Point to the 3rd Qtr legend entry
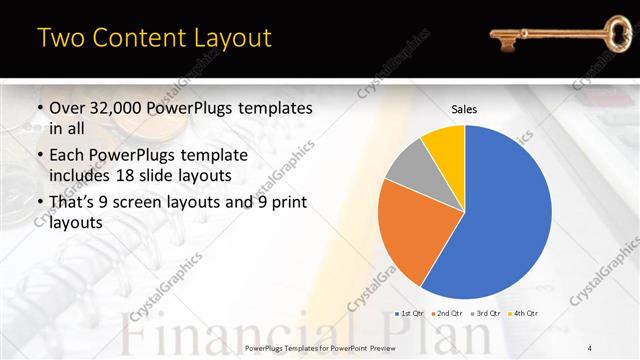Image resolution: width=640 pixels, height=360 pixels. coord(487,314)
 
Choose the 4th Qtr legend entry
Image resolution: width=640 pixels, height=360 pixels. coord(524,314)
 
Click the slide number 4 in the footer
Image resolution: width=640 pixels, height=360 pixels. coord(590,346)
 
